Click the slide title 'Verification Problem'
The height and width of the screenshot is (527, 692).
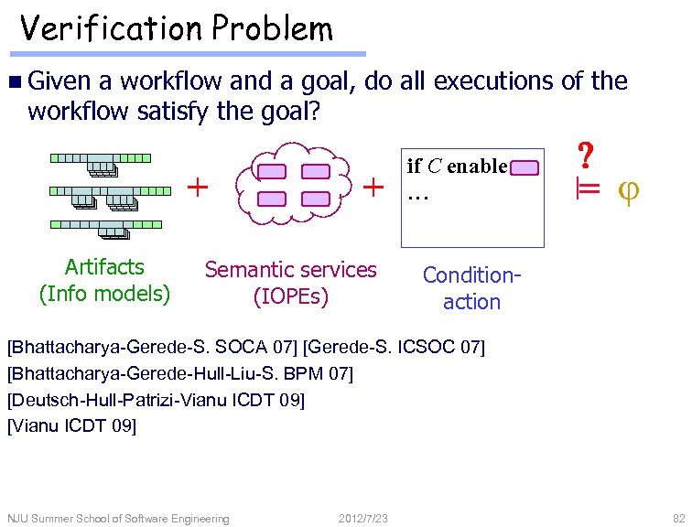[x=177, y=29]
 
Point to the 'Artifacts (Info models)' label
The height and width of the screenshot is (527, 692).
[x=104, y=280]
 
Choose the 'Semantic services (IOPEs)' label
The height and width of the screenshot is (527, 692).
[x=290, y=283]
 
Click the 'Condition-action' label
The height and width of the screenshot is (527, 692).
[x=471, y=288]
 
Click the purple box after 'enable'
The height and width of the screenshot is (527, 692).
[x=525, y=167]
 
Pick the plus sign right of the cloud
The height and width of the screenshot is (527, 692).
[x=373, y=187]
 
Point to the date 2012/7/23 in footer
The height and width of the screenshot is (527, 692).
[x=363, y=519]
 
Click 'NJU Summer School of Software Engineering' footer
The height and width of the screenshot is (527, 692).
[x=118, y=519]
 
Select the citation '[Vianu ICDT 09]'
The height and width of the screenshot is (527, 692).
[x=71, y=425]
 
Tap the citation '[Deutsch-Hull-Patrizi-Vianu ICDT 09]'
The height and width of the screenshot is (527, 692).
[x=156, y=399]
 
